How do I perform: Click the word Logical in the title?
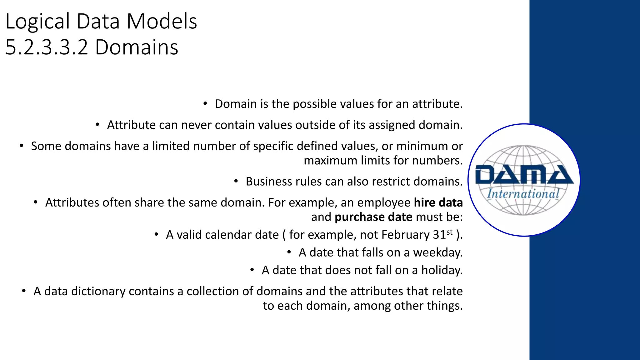click(37, 22)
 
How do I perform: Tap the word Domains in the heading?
click(137, 48)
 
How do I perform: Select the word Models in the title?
click(162, 22)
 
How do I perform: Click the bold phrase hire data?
click(438, 202)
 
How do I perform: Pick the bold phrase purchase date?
click(373, 217)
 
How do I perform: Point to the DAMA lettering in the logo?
click(524, 175)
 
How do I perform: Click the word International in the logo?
click(523, 194)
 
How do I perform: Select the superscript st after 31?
click(449, 232)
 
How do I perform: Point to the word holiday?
click(442, 270)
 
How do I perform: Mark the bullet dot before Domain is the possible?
click(205, 103)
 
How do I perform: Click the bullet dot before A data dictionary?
click(24, 291)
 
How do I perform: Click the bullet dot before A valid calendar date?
click(156, 234)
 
